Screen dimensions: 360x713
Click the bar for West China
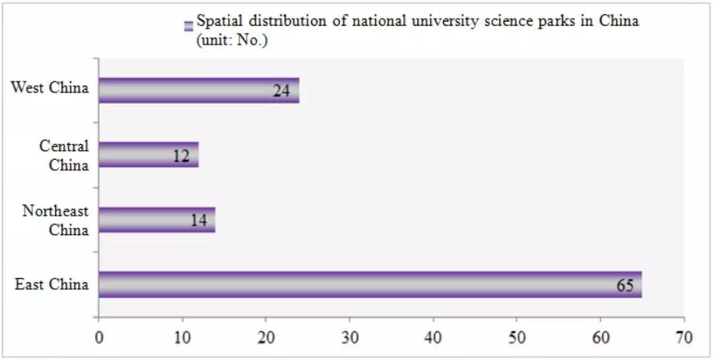pos(198,90)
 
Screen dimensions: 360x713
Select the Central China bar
pos(148,155)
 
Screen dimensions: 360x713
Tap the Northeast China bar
pos(156,220)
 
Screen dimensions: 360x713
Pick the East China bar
pos(370,285)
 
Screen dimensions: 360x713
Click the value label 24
pos(282,90)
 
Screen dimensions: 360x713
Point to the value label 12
pos(181,156)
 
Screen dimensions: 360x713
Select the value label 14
pos(198,221)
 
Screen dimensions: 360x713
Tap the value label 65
pos(625,285)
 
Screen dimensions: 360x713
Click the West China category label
pos(50,88)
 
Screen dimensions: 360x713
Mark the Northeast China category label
pos(55,220)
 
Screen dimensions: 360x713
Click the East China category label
pos(51,285)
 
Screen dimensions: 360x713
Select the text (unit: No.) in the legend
pos(235,39)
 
